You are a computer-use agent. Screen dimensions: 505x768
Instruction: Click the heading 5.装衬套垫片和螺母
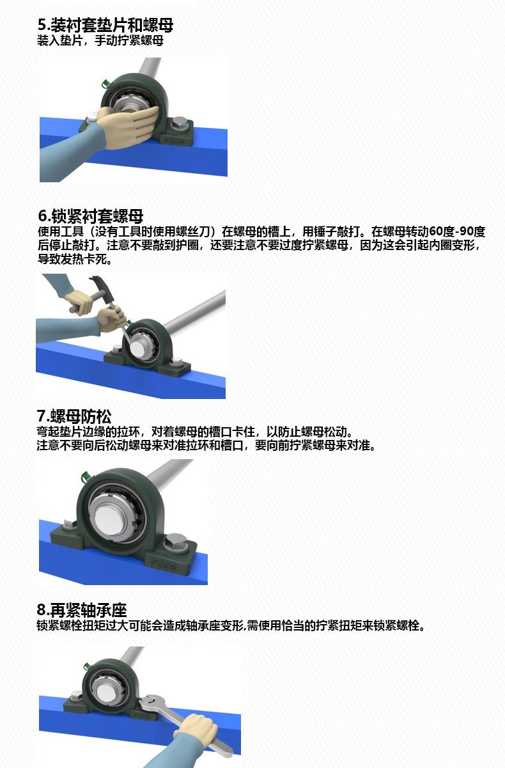[x=105, y=25]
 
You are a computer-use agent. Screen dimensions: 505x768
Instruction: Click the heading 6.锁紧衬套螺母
[x=91, y=216]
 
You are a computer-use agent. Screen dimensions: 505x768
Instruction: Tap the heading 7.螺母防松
[x=74, y=416]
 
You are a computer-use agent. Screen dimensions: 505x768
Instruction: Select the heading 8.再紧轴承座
[x=82, y=610]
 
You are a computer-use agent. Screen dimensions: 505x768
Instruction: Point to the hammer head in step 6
[x=100, y=284]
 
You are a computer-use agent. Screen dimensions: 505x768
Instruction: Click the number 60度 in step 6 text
[x=442, y=231]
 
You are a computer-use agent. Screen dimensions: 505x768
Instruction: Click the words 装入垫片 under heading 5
[x=60, y=40]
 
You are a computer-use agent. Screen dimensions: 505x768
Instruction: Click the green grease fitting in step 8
[x=86, y=666]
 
